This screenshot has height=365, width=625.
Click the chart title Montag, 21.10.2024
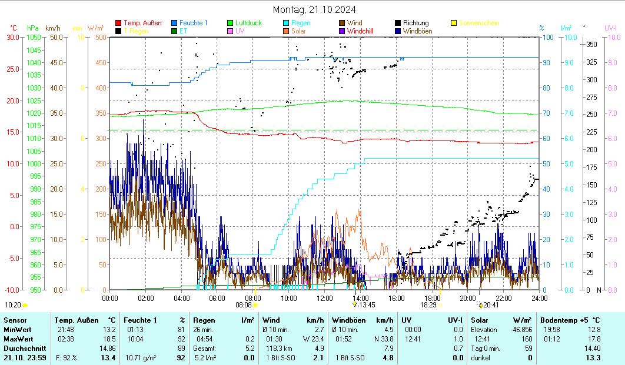click(x=314, y=9)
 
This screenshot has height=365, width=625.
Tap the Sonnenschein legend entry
click(x=479, y=23)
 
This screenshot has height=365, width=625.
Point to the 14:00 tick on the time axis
click(x=361, y=298)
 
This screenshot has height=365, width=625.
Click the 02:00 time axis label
click(x=146, y=298)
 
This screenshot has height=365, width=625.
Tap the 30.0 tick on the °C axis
click(x=12, y=37)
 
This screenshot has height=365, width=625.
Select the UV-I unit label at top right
click(x=610, y=28)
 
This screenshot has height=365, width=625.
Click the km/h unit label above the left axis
click(x=52, y=28)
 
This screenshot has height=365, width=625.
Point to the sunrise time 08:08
click(x=244, y=305)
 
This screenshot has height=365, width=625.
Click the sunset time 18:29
click(x=428, y=305)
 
